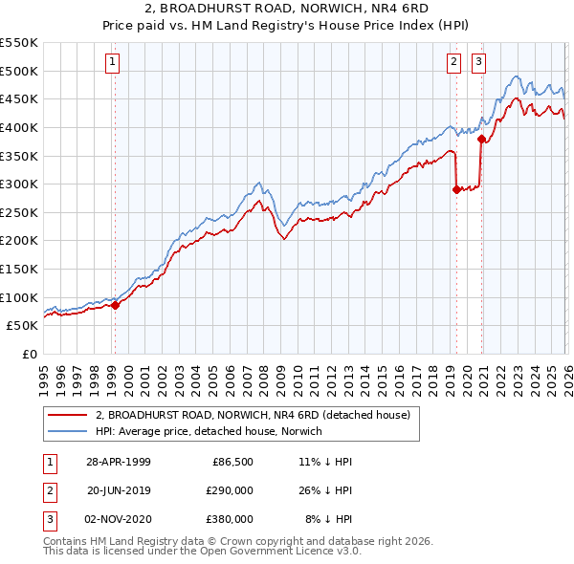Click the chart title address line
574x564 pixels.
(x=286, y=10)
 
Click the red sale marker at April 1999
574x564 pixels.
(x=116, y=305)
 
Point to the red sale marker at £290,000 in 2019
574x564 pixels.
(x=456, y=189)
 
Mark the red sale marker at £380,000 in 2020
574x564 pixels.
(x=481, y=139)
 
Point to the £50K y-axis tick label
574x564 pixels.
(x=23, y=325)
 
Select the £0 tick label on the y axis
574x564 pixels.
(x=30, y=354)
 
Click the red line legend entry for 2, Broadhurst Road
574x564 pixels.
(x=253, y=415)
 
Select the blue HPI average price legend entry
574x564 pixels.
(x=209, y=432)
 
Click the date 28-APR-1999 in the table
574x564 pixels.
(x=119, y=461)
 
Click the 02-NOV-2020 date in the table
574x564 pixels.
(x=119, y=519)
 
